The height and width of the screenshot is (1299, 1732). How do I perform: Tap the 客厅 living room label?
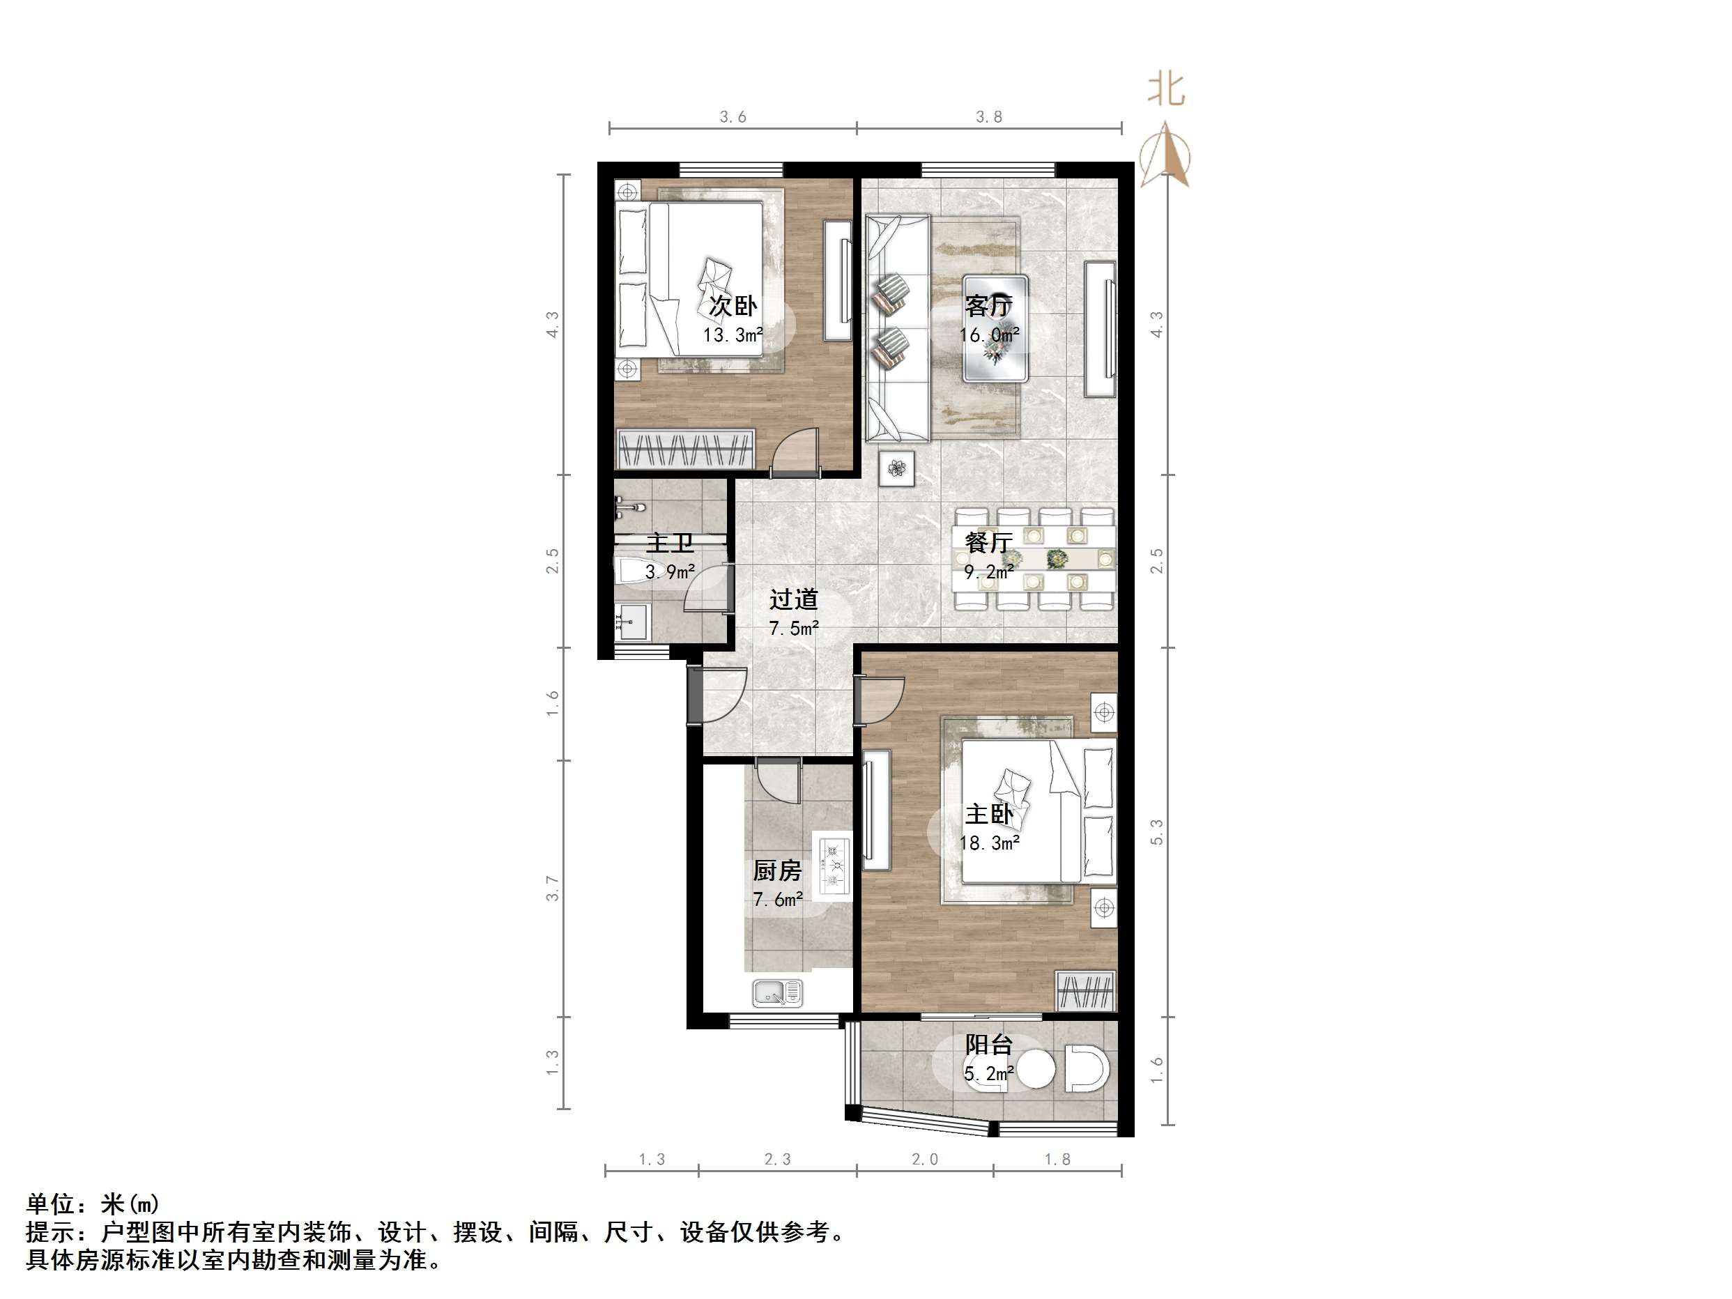click(x=988, y=305)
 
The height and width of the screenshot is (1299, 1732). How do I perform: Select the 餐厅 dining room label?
click(x=988, y=542)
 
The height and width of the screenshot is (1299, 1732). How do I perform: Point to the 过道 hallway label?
click(x=793, y=599)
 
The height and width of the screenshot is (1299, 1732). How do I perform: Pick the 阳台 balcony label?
click(x=988, y=1045)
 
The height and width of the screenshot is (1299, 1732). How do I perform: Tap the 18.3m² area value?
click(x=989, y=843)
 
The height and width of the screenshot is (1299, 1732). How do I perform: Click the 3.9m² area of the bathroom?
click(x=670, y=572)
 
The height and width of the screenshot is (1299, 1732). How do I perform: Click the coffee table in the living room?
click(x=995, y=329)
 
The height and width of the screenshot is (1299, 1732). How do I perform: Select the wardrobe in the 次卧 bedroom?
click(x=685, y=449)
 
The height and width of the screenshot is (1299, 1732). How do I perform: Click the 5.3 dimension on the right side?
click(x=1157, y=831)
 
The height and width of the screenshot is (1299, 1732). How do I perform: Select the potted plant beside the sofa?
click(x=896, y=468)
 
